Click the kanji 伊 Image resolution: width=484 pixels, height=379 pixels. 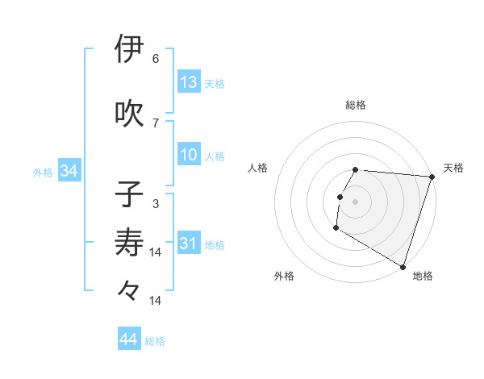130,49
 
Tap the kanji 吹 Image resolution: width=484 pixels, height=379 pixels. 130,114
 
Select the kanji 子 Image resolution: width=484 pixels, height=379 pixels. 130,194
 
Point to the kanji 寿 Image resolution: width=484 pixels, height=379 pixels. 130,242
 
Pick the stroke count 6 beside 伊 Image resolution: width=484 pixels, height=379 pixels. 156,59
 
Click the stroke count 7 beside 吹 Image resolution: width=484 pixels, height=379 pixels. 156,123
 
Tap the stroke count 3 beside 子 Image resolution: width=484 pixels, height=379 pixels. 156,204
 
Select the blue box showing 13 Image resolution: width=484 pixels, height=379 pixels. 189,82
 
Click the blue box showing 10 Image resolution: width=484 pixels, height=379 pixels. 189,155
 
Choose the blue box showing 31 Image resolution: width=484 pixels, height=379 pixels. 189,244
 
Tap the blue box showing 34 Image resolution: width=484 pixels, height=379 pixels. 69,171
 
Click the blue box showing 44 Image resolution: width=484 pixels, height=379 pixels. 129,339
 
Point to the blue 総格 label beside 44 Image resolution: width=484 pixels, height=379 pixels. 155,341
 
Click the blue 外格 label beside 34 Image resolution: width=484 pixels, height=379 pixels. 43,173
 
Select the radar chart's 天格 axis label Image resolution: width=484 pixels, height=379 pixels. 453,168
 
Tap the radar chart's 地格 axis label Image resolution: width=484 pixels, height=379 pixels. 423,276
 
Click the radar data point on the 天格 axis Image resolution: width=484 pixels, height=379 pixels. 432,177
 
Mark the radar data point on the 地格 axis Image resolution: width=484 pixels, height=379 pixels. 403,266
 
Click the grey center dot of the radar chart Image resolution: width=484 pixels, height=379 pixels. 355,202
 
